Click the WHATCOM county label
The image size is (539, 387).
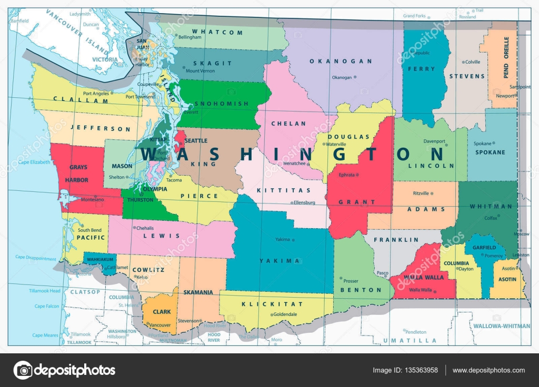[217, 33]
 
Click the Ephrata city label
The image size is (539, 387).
[346, 175]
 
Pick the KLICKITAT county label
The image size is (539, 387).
[272, 304]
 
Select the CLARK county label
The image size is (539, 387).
[162, 312]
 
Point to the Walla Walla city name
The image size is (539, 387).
[420, 290]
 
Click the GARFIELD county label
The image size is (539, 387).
[484, 247]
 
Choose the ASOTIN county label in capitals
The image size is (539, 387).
[507, 279]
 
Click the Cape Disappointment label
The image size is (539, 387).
[35, 258]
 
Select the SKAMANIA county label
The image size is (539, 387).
[198, 292]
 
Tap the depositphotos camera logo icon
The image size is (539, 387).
[23, 370]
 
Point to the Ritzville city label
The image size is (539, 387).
[421, 193]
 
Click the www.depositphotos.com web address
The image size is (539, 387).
[488, 370]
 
